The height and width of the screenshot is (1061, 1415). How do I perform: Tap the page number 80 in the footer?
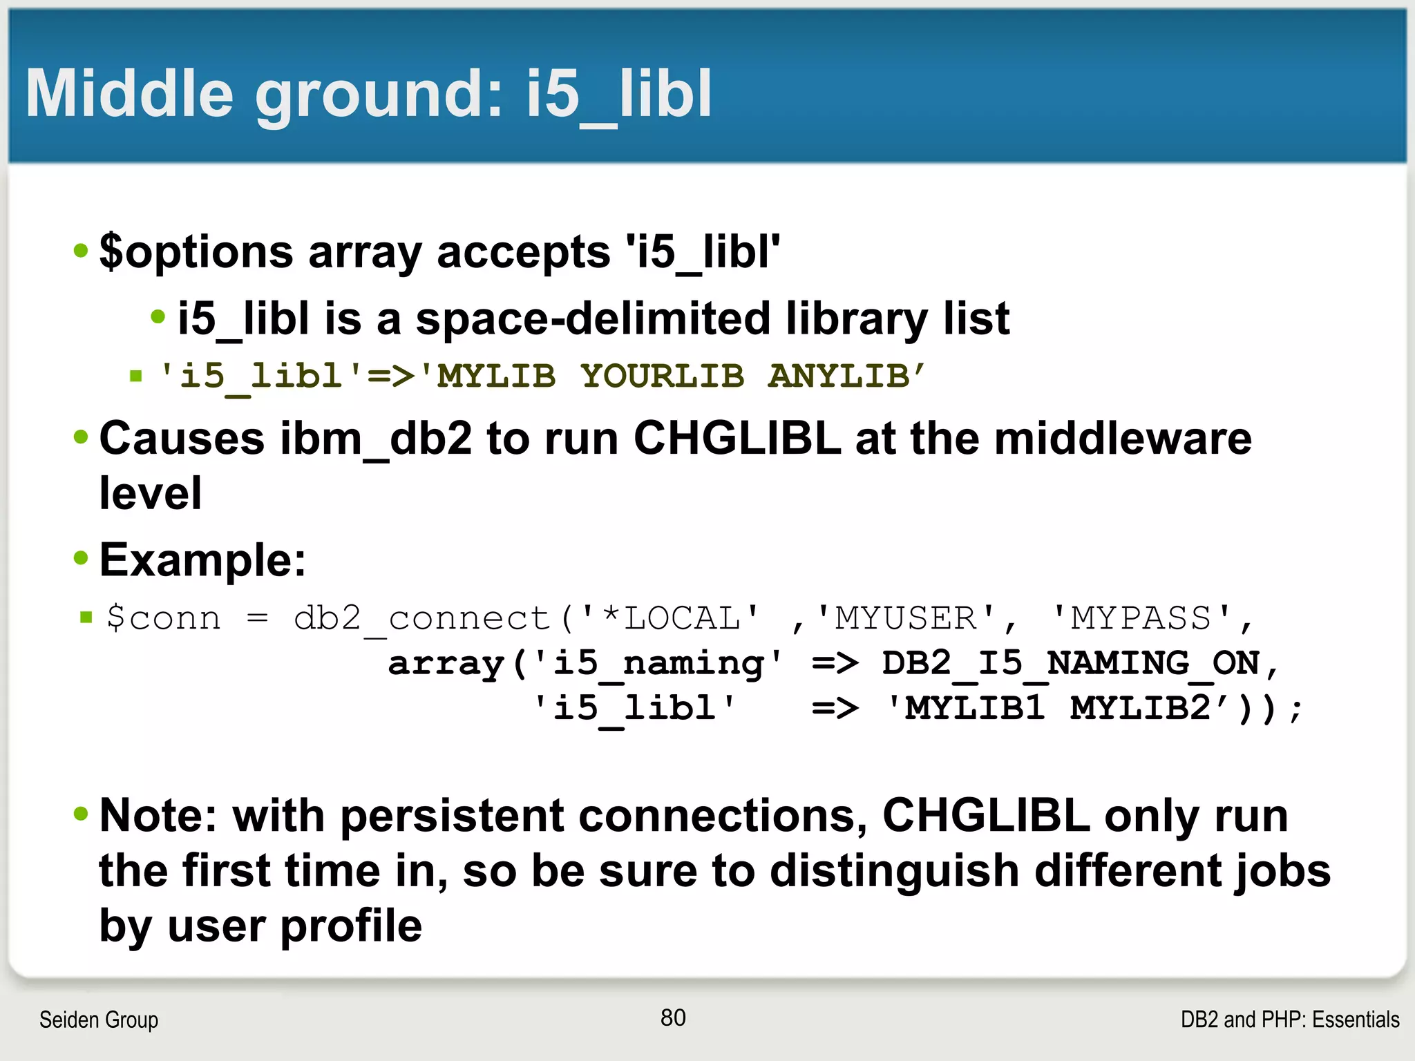[x=673, y=1017]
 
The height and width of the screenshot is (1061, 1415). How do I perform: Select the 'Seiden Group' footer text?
[x=99, y=1020]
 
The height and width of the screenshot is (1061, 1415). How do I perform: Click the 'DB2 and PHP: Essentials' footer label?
[x=1289, y=1020]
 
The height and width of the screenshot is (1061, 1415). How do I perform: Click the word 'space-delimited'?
[x=593, y=319]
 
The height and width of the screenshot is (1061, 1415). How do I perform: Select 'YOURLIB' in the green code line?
[x=662, y=376]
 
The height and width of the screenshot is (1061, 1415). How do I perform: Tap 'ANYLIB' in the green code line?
[x=839, y=376]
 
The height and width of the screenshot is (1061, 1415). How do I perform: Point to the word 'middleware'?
[x=1122, y=439]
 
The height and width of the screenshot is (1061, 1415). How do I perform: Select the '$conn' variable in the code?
[x=164, y=618]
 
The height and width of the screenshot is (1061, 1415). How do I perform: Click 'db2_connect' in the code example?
[x=421, y=618]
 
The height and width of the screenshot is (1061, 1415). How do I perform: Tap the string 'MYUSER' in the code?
[x=905, y=618]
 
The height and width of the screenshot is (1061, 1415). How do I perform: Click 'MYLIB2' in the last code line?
[x=1140, y=708]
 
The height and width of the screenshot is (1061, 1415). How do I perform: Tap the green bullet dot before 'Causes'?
[x=81, y=437]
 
